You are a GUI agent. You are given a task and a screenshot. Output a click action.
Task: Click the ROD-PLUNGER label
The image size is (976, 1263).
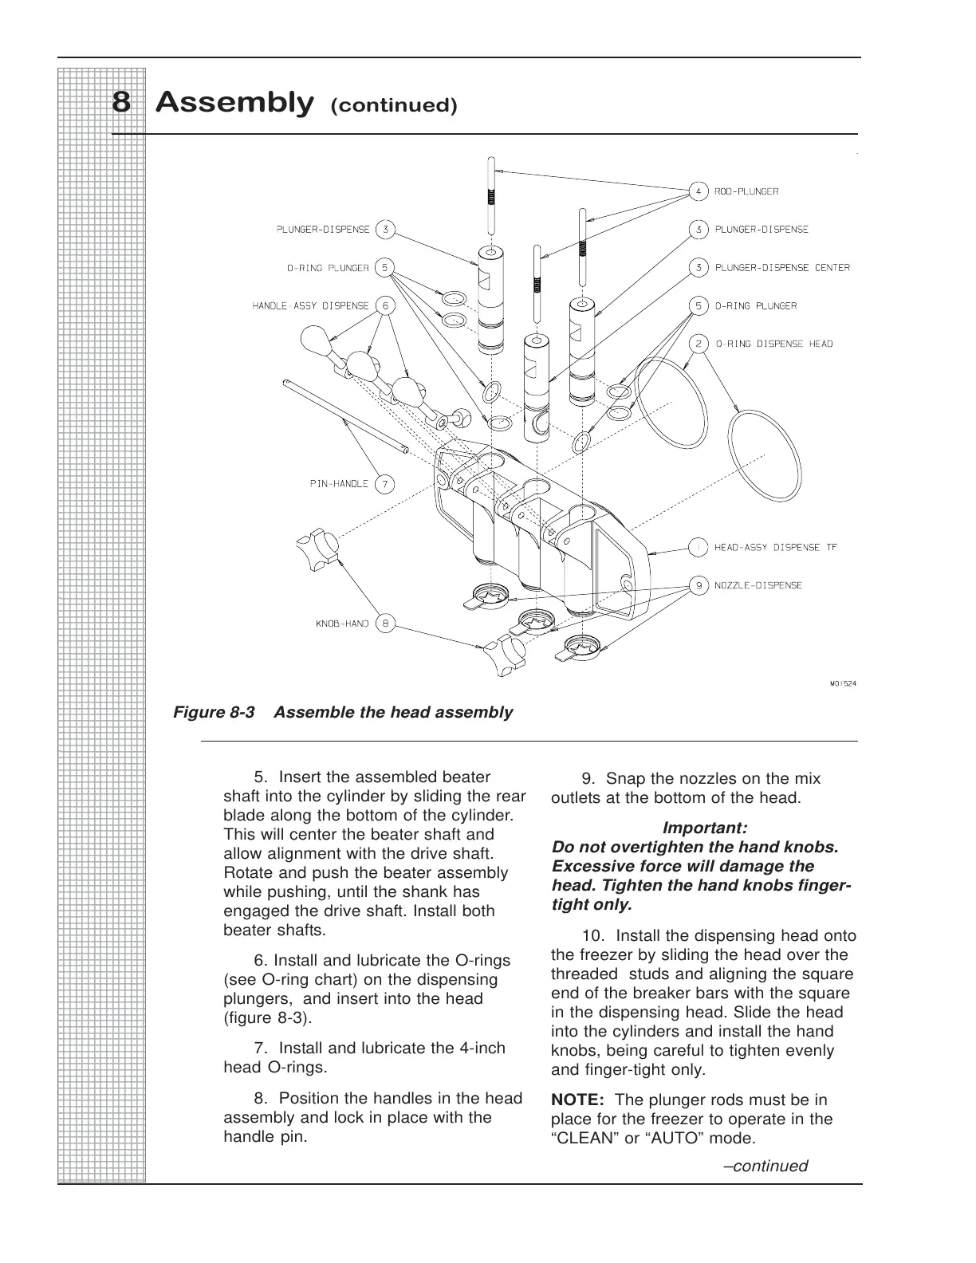point(746,191)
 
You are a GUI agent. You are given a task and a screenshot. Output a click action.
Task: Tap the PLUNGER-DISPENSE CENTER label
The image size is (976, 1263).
point(782,268)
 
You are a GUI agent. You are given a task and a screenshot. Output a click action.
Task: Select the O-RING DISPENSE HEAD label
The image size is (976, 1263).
point(773,344)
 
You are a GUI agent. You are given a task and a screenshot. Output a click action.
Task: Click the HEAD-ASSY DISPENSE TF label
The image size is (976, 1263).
point(775,547)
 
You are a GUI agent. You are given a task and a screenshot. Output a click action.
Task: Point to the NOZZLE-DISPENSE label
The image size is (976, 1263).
point(758,585)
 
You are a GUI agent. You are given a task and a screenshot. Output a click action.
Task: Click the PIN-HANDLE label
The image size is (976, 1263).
point(339,483)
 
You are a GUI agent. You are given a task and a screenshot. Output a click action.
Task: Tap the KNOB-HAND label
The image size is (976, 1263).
point(342,624)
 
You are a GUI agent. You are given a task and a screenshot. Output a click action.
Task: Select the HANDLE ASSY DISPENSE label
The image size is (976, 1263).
point(311,306)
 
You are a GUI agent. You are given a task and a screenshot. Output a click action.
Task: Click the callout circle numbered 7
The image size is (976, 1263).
point(384,483)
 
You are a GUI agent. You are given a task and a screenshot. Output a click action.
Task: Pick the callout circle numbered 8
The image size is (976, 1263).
point(384,624)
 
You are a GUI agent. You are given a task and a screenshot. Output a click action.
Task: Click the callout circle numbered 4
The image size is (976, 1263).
point(699,191)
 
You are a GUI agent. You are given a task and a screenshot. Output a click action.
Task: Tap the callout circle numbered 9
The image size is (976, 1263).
point(699,585)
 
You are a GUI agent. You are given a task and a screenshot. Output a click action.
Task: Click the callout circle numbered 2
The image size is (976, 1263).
point(699,344)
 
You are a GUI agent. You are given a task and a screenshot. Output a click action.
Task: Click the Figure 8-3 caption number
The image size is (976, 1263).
point(214,713)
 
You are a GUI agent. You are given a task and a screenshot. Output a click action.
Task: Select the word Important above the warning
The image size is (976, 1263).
point(705,828)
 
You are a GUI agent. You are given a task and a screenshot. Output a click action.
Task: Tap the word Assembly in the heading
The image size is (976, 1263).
point(233,103)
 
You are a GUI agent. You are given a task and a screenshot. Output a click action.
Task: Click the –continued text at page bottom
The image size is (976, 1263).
point(765,1167)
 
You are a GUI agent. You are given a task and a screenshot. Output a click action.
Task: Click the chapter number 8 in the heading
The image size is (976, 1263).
point(121,103)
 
